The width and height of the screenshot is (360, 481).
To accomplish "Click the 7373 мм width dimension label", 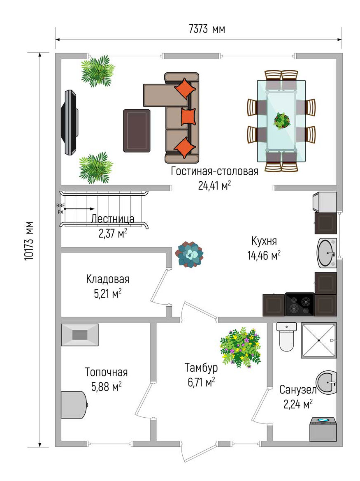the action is click(207, 29).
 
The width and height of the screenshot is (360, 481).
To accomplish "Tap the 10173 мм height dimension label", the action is click(29, 241).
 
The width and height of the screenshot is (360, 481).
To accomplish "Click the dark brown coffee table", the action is click(137, 131).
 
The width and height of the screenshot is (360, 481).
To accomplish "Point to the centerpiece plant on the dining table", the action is click(282, 120).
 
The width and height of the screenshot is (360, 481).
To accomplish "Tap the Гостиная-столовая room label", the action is click(214, 171).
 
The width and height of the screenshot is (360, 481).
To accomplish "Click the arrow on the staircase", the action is click(79, 209).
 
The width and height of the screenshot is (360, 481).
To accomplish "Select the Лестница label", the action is click(113, 219).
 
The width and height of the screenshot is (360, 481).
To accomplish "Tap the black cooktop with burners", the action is click(300, 305).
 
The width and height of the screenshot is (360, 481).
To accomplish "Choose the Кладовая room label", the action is click(108, 279).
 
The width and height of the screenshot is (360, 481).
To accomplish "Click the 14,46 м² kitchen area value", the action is click(264, 255).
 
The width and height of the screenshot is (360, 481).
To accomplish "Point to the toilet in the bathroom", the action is click(286, 337).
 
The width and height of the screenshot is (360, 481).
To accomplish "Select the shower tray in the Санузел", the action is click(319, 340).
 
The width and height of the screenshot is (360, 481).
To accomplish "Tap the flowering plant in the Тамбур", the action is click(240, 347).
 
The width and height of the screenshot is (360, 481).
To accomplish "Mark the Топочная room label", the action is click(106, 372).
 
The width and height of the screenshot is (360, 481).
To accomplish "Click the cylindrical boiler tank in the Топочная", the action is click(74, 405).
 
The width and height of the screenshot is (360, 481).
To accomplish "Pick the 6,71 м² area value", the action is click(201, 382).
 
